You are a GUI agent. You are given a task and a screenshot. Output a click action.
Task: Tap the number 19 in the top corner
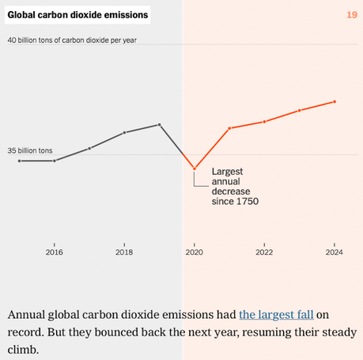point(352,15)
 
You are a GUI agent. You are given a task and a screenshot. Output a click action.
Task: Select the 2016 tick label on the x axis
point(54,252)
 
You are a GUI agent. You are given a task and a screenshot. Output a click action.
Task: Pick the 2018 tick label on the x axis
point(124,252)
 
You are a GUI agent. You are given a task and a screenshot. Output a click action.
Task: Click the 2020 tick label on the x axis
point(194,252)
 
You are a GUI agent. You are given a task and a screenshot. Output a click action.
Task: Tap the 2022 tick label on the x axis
point(264,252)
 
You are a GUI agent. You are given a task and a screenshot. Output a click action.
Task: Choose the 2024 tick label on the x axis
point(335,252)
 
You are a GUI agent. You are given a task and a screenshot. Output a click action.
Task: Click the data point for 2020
point(195,169)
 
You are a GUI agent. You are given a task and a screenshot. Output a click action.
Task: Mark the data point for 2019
point(160,124)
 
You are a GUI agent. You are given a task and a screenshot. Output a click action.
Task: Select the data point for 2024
point(335,101)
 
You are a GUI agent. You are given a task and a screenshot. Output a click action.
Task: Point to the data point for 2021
point(229,128)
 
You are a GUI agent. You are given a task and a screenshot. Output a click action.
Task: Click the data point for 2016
point(54,161)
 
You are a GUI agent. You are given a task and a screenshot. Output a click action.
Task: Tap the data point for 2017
point(89,148)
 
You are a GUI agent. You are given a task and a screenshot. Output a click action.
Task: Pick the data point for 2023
point(300,110)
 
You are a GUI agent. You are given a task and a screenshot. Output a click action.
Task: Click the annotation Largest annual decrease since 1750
point(235,187)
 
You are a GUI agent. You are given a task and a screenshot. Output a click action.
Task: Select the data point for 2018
point(124,132)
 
